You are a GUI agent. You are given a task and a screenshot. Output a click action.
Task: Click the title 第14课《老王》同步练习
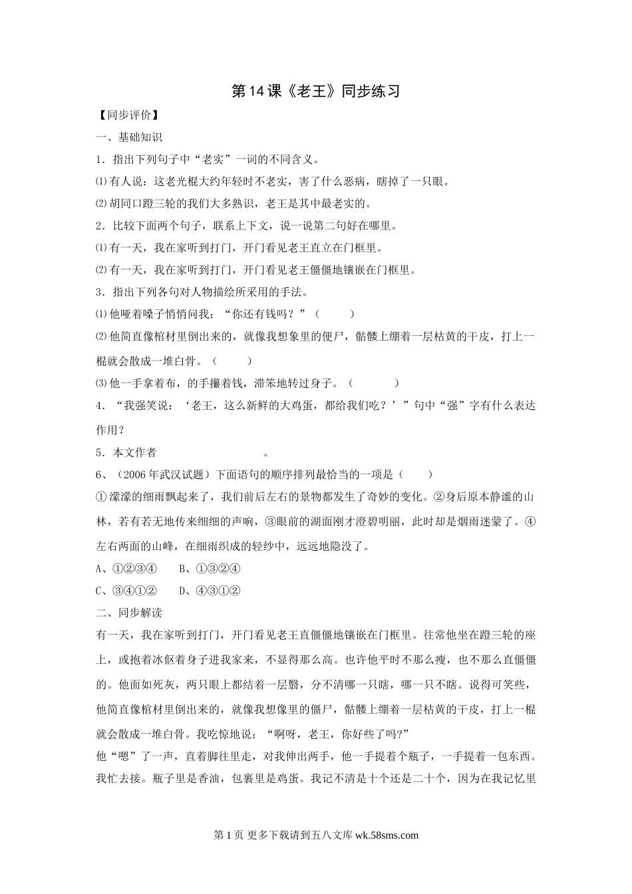click(x=315, y=91)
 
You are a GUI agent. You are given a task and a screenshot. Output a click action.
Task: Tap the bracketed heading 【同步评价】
click(x=127, y=115)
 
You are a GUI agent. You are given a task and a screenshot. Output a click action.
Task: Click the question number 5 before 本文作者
click(x=99, y=453)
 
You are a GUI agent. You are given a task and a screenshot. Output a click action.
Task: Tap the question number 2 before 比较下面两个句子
click(x=99, y=225)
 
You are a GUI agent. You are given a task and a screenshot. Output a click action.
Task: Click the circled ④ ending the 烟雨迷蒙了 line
click(x=530, y=522)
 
